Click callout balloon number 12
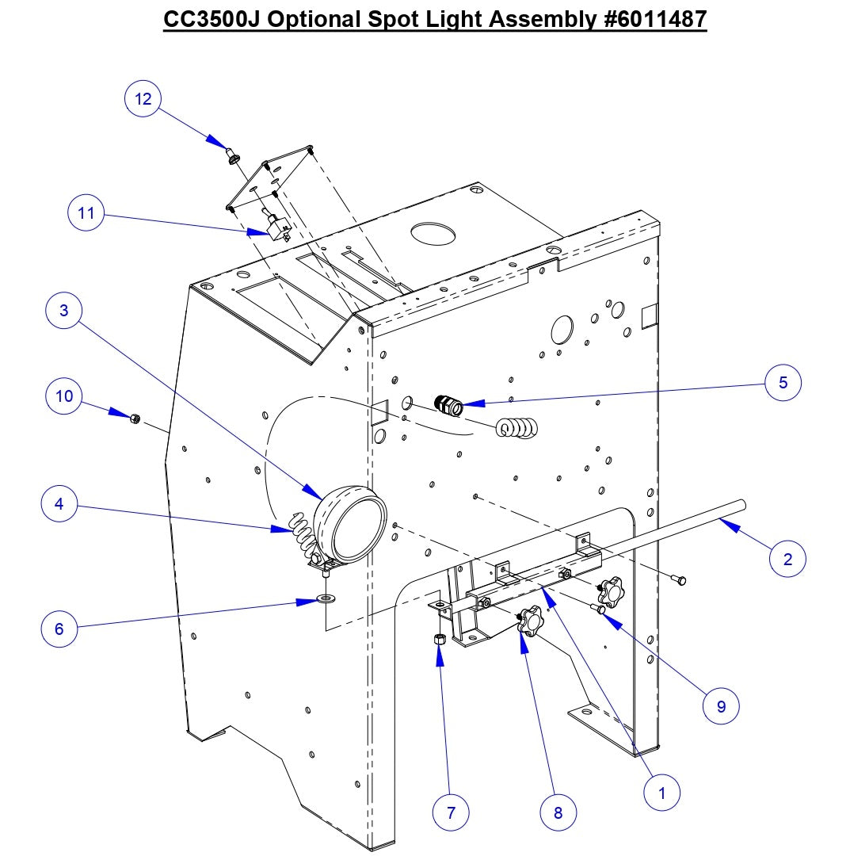[143, 99]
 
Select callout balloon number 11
[86, 212]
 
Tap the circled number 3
[64, 312]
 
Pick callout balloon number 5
[783, 382]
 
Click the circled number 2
[787, 559]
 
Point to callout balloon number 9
[721, 705]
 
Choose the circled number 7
[451, 812]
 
